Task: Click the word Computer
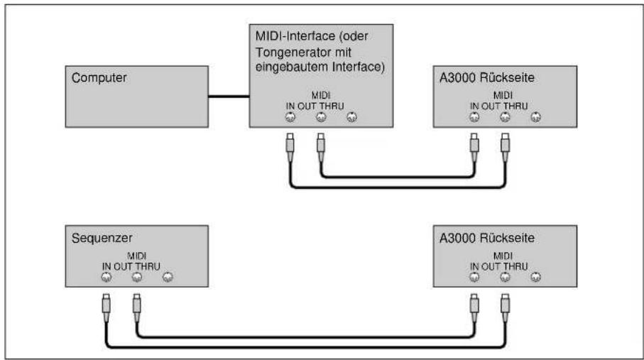99,77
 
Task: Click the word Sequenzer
102,238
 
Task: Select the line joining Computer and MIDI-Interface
229,97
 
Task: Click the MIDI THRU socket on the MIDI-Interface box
351,117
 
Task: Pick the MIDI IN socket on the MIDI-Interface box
290,117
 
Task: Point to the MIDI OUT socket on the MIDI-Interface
321,117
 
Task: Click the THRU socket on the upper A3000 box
535,117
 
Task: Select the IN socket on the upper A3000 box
474,117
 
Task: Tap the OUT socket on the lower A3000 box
505,277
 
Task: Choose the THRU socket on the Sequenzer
168,278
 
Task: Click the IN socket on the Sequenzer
107,278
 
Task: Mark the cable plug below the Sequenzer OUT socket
137,308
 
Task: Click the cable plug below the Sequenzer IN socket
107,308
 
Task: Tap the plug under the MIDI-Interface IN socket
290,148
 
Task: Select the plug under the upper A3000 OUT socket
505,148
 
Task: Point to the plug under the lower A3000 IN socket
474,308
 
